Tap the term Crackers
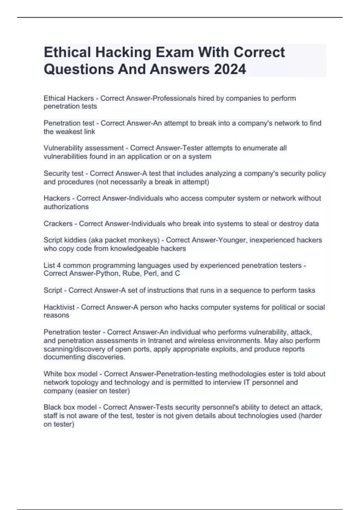click(x=58, y=223)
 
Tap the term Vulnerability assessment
click(x=83, y=148)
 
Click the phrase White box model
click(x=70, y=374)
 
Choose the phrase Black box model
click(x=70, y=407)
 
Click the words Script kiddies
click(x=63, y=240)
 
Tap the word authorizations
click(x=66, y=207)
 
